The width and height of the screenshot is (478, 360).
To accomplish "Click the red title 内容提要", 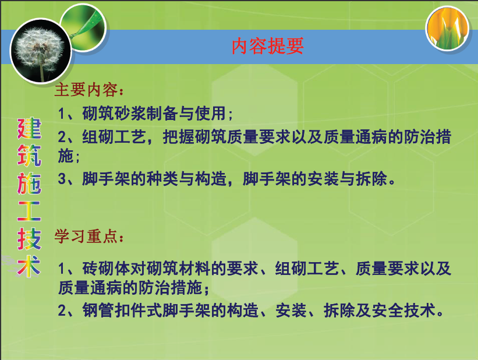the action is (267, 46).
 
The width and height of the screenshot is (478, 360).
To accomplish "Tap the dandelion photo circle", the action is (41, 51).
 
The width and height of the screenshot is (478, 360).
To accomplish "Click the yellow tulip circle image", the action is (447, 29).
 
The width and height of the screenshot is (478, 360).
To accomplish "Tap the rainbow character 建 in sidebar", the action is (29, 128).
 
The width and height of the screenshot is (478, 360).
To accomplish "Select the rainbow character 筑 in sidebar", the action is (29, 156).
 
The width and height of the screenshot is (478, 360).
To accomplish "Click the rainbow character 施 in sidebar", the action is (29, 183).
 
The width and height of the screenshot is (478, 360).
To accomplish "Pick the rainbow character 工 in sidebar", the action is (29, 211).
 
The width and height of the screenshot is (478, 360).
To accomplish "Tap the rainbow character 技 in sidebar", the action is (29, 239).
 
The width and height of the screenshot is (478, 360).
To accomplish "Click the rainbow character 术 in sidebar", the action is (29, 266).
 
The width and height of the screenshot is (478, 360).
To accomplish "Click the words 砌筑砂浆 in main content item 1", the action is (114, 114).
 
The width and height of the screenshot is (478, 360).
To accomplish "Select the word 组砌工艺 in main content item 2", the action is (114, 137).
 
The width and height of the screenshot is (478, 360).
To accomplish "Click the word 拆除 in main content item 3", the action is (371, 178).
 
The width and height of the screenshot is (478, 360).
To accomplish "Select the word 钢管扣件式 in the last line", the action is (122, 310).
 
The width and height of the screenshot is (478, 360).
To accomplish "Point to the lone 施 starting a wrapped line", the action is (66, 156).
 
